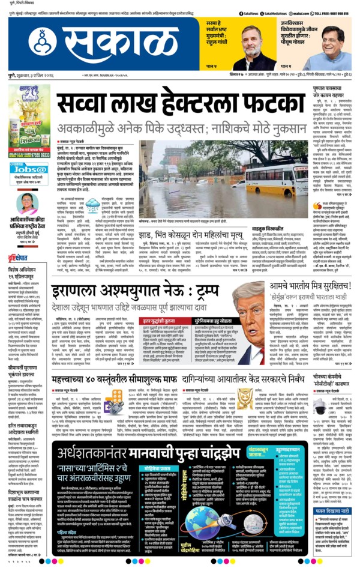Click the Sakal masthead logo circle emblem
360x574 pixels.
pyautogui.click(x=42, y=40)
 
